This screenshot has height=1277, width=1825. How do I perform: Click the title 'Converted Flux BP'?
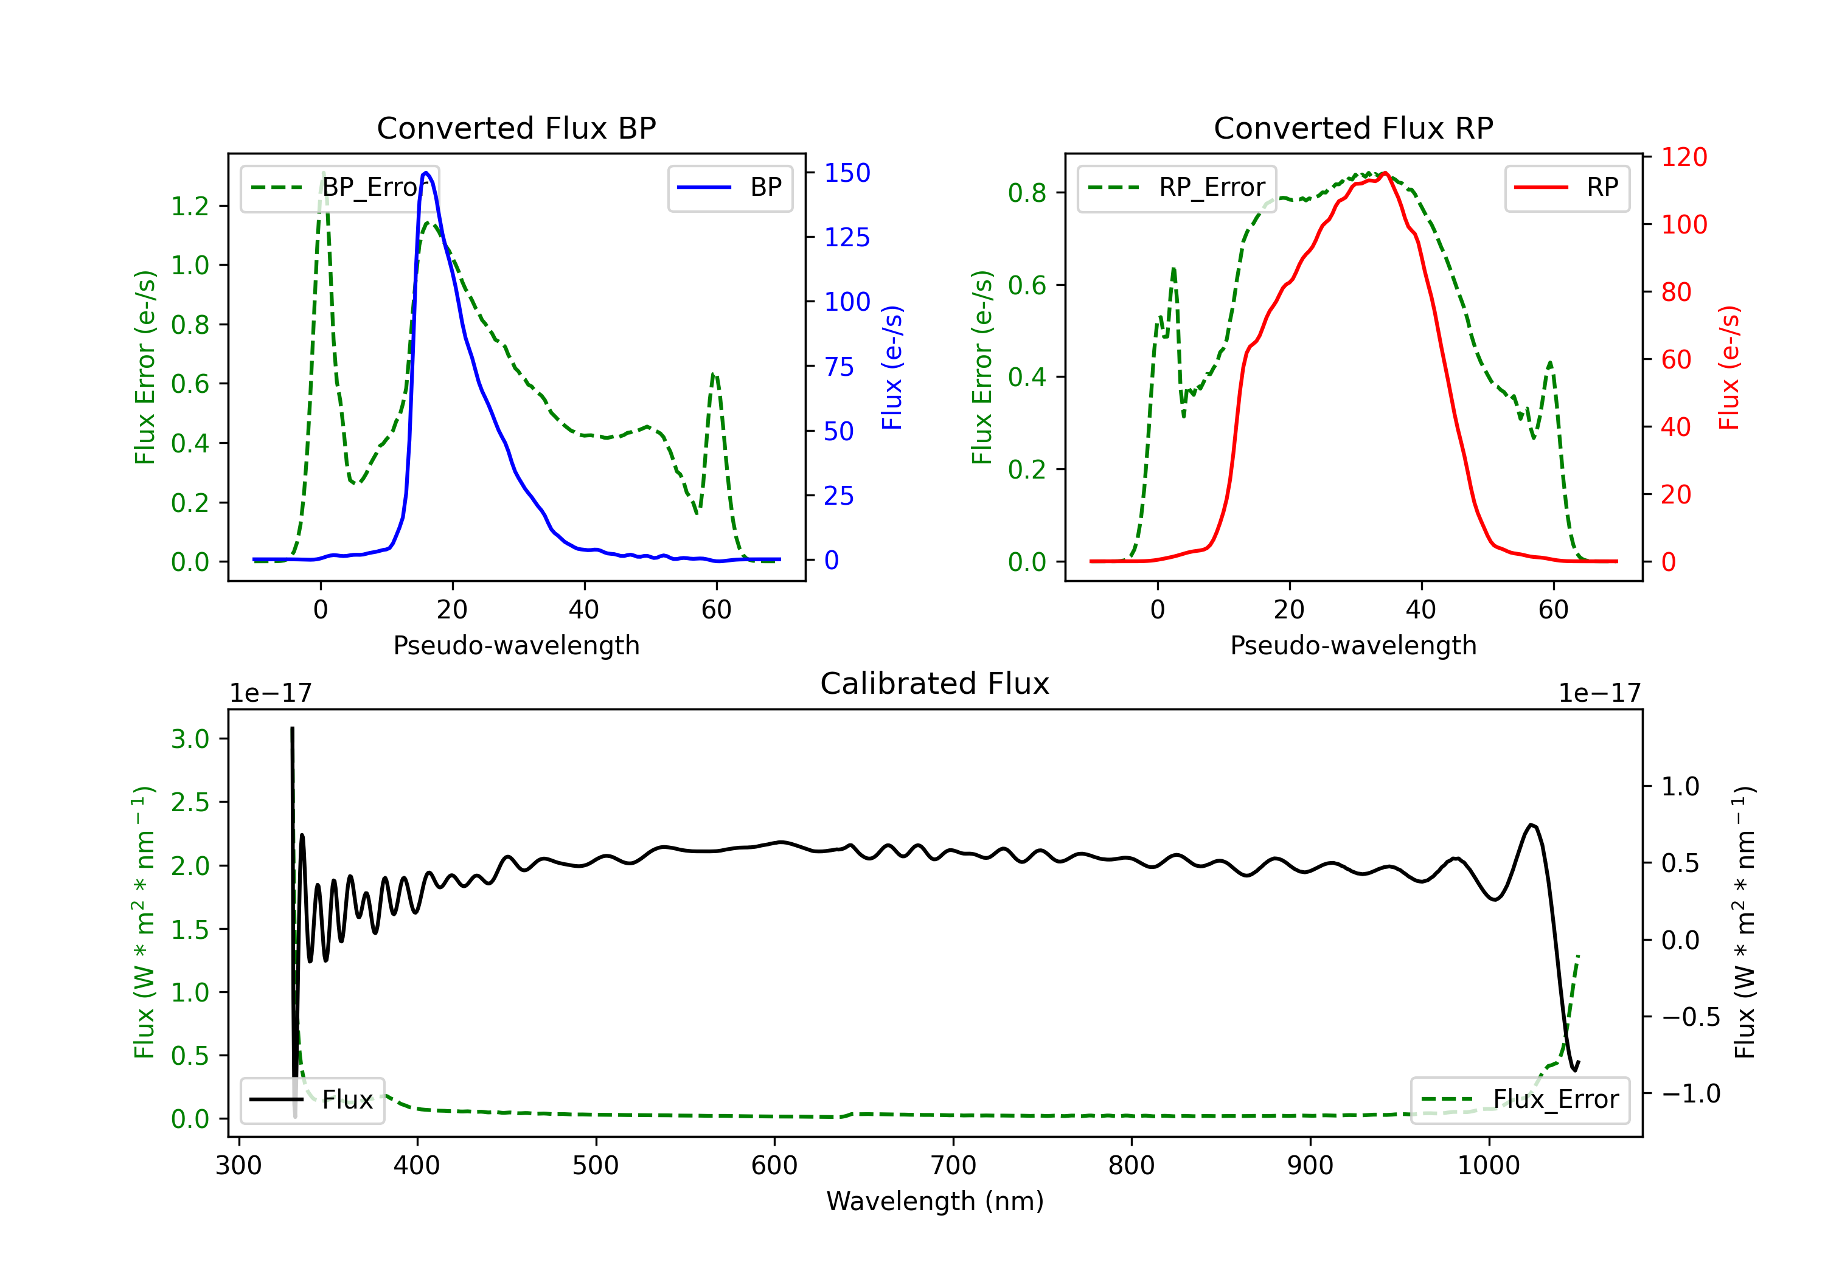coord(516,128)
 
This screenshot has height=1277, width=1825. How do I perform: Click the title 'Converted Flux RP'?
coord(1353,128)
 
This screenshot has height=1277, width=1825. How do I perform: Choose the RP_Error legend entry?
coord(1177,187)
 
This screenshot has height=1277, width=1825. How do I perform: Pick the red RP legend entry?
coord(1566,187)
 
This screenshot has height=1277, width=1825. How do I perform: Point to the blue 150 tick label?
coord(847,173)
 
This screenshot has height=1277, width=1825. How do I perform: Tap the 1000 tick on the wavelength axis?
coord(1488,1165)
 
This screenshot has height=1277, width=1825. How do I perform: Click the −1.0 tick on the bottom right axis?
coord(1691,1093)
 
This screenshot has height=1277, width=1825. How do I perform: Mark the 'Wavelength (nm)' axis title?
coord(935,1201)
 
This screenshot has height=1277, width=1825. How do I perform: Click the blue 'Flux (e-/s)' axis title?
coord(892,367)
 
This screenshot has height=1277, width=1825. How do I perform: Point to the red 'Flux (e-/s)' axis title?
coord(1729,367)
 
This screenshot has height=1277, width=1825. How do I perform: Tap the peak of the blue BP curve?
coord(426,173)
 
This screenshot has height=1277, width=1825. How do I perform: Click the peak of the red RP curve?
coord(1385,173)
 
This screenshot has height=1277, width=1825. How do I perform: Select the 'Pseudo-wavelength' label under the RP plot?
coord(1353,645)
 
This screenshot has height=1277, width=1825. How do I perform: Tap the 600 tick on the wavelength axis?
coord(774,1165)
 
